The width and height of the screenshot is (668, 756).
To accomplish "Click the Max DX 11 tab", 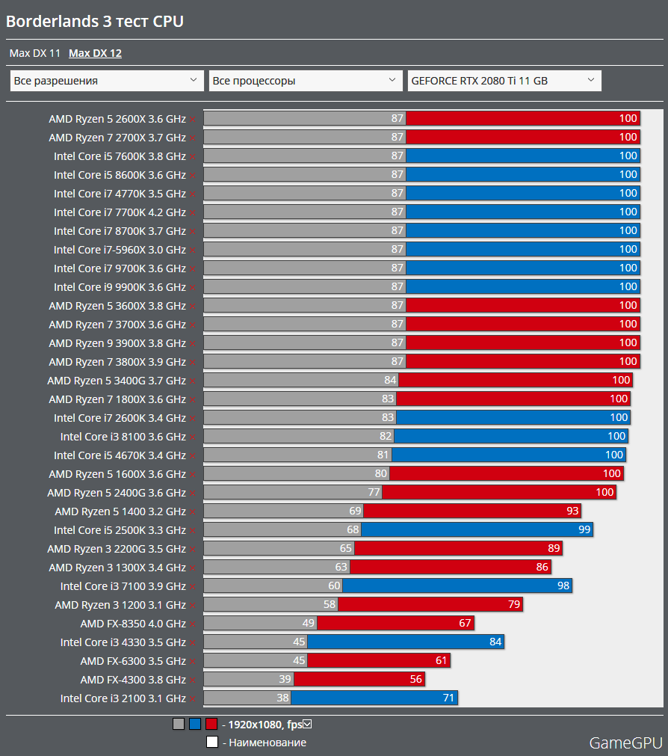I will click(34, 53).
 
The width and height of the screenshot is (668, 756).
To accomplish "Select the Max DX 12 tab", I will click(95, 53).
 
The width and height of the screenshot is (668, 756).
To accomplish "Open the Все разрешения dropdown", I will click(107, 81).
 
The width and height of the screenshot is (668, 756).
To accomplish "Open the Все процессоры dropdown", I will click(306, 81).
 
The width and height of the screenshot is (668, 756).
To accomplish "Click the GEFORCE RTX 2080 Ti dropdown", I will click(504, 81).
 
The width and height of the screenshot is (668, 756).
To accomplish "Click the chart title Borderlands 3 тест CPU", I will click(95, 22).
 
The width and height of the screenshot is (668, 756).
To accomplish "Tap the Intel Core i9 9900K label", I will click(120, 287).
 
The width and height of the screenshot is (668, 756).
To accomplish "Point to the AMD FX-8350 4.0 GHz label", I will click(133, 624).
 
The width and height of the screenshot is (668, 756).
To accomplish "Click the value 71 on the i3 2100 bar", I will click(448, 698).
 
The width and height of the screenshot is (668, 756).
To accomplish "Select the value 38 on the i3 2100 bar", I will click(282, 698).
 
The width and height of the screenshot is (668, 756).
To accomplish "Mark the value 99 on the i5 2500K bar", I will click(584, 530).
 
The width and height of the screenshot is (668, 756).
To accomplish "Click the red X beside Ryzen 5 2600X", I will click(192, 119).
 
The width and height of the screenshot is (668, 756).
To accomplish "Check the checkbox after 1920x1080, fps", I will click(307, 723).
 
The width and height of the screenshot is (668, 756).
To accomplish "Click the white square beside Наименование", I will click(212, 743).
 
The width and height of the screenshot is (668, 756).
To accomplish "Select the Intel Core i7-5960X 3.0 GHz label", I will click(120, 250).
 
